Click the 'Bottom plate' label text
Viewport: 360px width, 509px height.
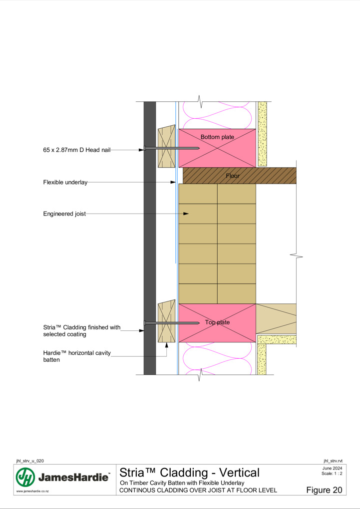pyautogui.click(x=217, y=137)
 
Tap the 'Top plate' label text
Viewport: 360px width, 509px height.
pyautogui.click(x=217, y=322)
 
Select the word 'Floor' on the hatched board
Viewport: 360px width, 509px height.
pyautogui.click(x=233, y=176)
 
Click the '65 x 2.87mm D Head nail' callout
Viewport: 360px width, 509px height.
pyautogui.click(x=77, y=150)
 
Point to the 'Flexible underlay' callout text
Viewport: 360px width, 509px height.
pyautogui.click(x=65, y=183)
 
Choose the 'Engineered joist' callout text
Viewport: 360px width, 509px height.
pyautogui.click(x=64, y=214)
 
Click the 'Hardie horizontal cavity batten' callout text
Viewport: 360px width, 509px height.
pyautogui.click(x=77, y=356)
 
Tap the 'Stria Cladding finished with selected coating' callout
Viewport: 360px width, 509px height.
pyautogui.click(x=82, y=330)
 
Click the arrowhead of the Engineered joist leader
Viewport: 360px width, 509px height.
pyautogui.click(x=186, y=214)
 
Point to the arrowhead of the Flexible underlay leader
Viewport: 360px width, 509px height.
pyautogui.click(x=173, y=183)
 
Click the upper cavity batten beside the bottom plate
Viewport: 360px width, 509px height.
pyautogui.click(x=166, y=146)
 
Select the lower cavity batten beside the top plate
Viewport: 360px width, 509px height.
pyautogui.click(x=166, y=321)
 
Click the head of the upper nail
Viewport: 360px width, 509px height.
pyautogui.click(x=145, y=148)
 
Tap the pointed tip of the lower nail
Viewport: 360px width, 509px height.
pyautogui.click(x=199, y=323)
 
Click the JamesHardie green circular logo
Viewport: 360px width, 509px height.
pyautogui.click(x=25, y=477)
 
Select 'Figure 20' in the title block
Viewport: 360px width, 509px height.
pyautogui.click(x=324, y=490)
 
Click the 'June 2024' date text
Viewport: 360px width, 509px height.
pyautogui.click(x=333, y=468)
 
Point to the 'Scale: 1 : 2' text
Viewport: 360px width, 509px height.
pyautogui.click(x=332, y=474)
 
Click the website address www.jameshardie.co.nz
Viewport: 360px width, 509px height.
pyautogui.click(x=32, y=492)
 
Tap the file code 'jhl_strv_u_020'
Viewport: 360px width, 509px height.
pyautogui.click(x=30, y=461)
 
